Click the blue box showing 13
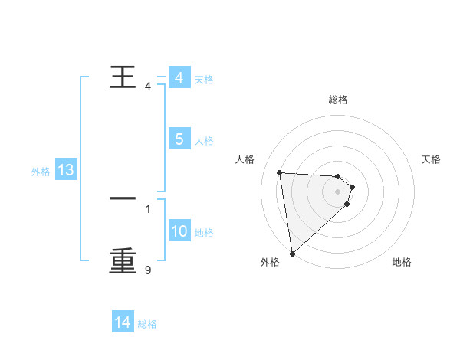pos(65,171)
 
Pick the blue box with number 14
pos(123,323)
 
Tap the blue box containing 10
pos(179,232)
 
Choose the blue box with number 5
pos(179,140)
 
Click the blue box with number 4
pos(179,79)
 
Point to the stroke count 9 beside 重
pos(147,270)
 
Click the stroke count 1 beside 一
pos(147,208)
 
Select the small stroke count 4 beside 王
pos(147,86)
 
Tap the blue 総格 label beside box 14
pos(147,324)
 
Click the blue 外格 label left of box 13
pos(41,172)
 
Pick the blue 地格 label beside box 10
pos(204,233)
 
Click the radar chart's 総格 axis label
pos(338,100)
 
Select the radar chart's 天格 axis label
pos(432,159)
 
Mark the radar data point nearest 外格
pos(292,254)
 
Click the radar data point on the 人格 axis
pos(280,172)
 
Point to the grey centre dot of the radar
pos(338,192)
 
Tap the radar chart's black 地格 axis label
pos(402,262)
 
